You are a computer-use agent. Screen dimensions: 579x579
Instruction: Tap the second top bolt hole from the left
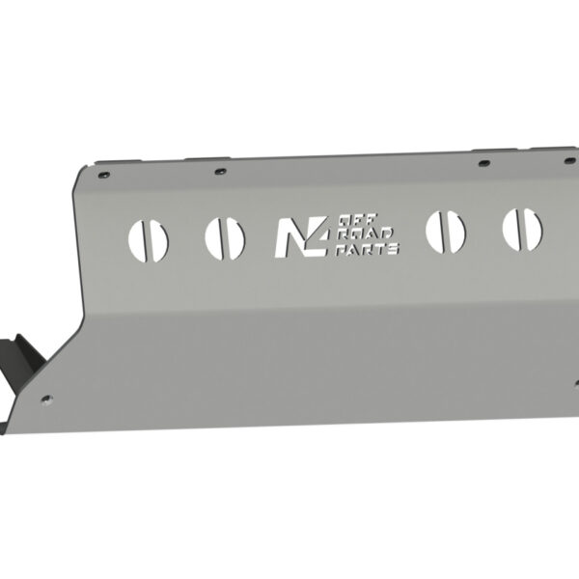point(221,171)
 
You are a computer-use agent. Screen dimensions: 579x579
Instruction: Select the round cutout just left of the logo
point(224,238)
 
